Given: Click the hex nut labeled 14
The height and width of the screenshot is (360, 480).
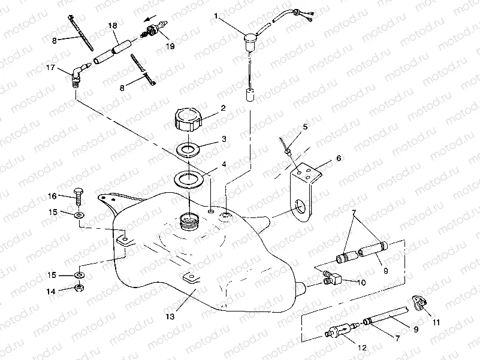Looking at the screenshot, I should click(x=79, y=289).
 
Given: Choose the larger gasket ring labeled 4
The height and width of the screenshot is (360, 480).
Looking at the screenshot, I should click(x=189, y=178).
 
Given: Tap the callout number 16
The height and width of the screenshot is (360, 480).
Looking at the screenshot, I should click(x=52, y=196).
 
